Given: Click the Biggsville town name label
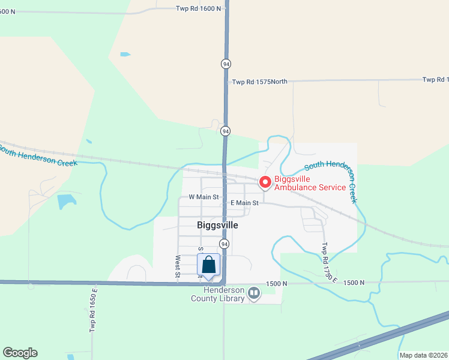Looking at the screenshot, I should click(217, 225).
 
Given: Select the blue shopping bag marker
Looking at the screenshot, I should click(208, 265).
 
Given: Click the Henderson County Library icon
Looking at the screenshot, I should click(254, 293).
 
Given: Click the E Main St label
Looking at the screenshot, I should click(244, 203).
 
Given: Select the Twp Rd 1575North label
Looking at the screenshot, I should click(260, 82).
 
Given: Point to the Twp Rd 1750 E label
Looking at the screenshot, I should click(330, 262).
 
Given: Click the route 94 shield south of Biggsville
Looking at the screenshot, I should click(224, 244).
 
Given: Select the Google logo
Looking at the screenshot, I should click(20, 353).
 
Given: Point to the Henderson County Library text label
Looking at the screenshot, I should click(218, 294).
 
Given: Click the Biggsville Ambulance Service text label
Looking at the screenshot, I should click(310, 183).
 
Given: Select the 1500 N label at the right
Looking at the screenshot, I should click(354, 283).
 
